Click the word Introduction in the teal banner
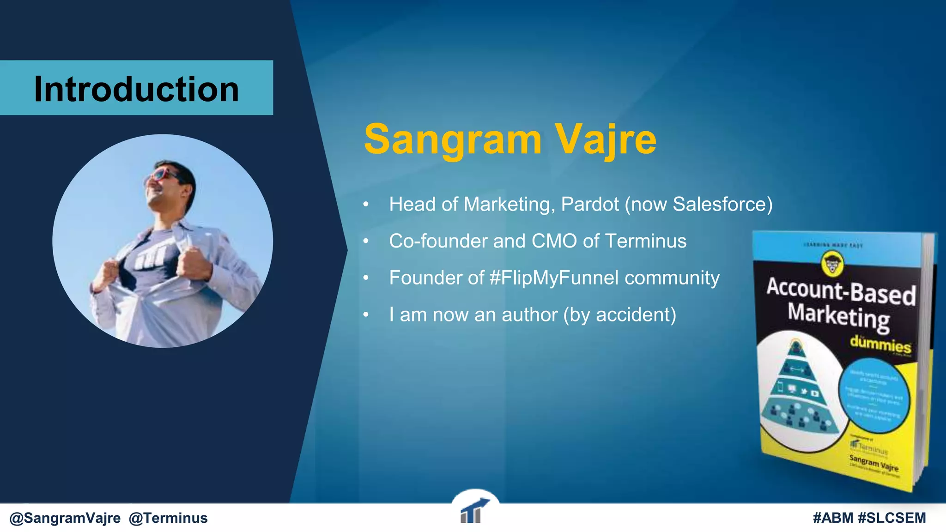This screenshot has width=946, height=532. coord(136,89)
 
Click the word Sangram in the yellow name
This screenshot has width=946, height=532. coord(453,139)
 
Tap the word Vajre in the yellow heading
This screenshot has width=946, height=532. coord(605,139)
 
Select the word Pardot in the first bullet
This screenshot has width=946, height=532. coord(589,205)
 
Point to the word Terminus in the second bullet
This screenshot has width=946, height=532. coord(645,241)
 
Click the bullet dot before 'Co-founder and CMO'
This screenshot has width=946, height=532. coord(366,241)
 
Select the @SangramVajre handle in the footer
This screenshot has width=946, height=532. coord(65,518)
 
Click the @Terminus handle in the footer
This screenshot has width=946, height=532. coord(168,518)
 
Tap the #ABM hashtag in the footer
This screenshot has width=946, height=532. coord(833,518)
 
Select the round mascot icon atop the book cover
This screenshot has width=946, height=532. coord(832,264)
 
